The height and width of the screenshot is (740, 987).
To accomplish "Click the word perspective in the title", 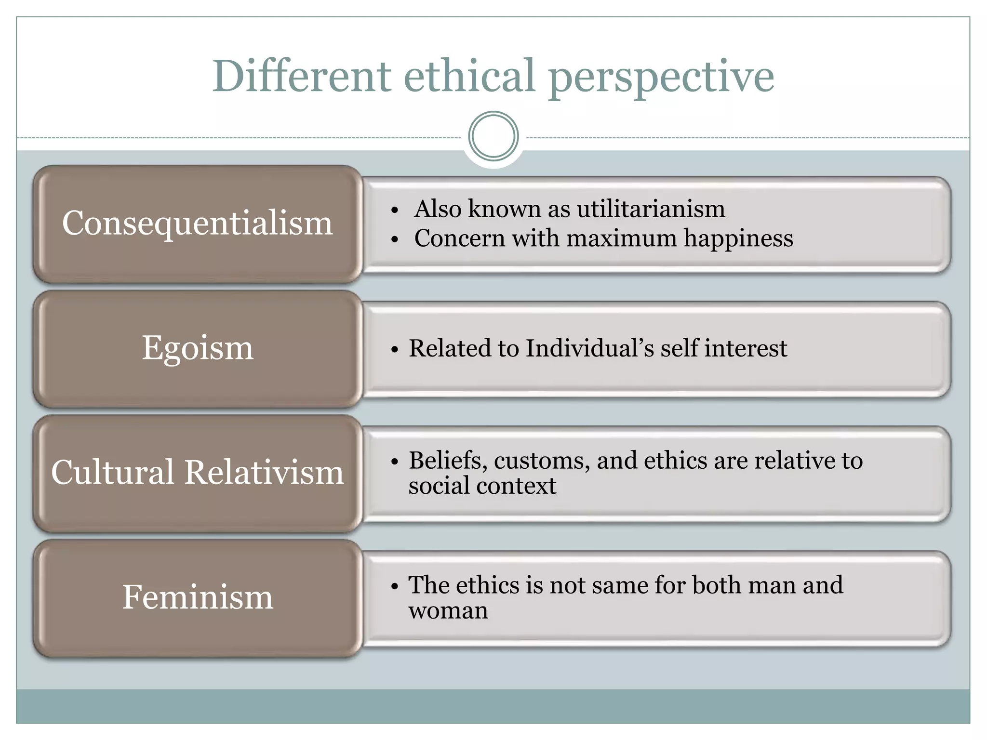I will (661, 77).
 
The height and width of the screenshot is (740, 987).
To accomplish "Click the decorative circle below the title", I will (493, 136).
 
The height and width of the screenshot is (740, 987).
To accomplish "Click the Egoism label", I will (198, 347).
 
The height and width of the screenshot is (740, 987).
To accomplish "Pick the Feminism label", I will (198, 597).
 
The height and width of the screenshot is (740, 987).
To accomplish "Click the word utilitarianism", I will (651, 209).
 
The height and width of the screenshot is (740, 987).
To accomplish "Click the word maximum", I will (621, 238).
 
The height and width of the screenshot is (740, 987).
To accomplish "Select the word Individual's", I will (589, 348).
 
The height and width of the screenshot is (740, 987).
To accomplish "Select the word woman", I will (448, 611).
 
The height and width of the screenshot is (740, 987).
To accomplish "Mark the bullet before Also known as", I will (395, 210).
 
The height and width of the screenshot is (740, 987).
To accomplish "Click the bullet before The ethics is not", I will (395, 586).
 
